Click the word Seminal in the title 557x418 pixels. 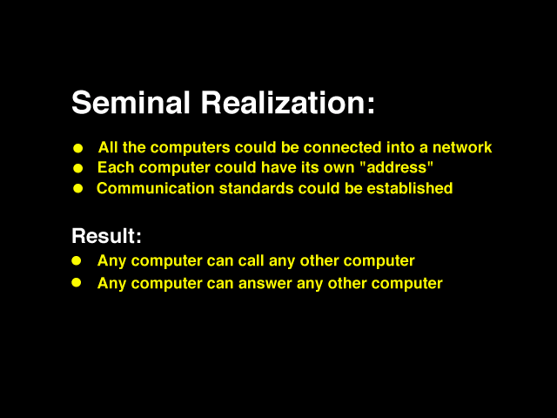131,103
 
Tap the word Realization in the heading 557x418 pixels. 287,103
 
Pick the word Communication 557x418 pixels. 155,188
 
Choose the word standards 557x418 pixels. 256,188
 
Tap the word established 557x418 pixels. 410,188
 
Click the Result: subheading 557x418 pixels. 106,236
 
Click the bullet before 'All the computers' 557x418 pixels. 77,148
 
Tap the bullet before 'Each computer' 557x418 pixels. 77,168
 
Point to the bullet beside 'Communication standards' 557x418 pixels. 77,188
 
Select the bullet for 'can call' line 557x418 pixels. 77,261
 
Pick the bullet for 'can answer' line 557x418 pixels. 77,282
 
